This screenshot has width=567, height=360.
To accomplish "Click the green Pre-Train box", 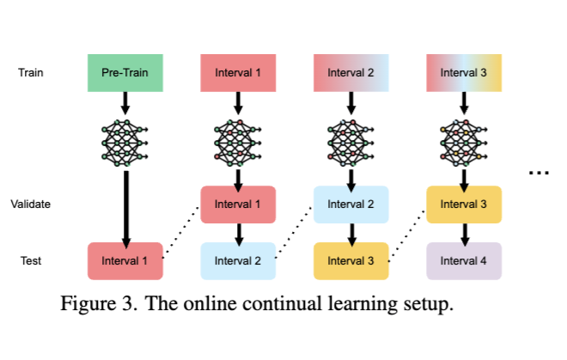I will [x=125, y=72].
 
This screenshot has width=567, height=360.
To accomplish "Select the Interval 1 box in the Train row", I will [x=238, y=72].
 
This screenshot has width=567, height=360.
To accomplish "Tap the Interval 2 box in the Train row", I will [x=351, y=72].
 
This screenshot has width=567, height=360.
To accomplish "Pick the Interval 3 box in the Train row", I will [x=464, y=72].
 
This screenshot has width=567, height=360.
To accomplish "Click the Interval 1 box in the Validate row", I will [x=238, y=204].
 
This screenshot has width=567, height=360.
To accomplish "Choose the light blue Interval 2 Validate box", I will [x=351, y=204].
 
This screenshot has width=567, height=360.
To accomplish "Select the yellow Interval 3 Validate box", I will [x=464, y=204].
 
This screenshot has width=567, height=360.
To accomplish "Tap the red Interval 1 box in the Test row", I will [x=125, y=260].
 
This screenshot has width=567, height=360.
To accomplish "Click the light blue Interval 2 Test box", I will [x=238, y=260].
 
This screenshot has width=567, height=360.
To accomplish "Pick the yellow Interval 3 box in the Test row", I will [x=351, y=260].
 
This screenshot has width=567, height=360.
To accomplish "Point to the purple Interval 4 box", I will [x=464, y=260].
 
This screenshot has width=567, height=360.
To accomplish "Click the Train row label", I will [x=31, y=72].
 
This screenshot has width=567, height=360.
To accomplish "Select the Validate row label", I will [x=31, y=204].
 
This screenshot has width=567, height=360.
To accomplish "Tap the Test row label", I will [x=31, y=260].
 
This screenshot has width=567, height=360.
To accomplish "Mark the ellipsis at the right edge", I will [x=539, y=173].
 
